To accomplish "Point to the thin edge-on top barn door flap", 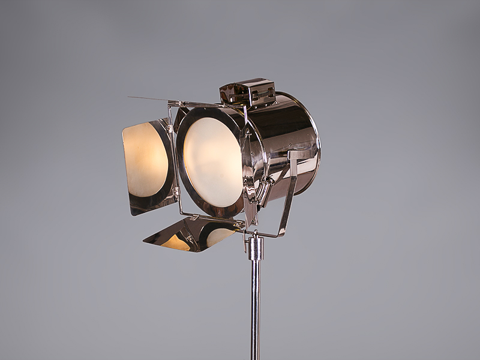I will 150,99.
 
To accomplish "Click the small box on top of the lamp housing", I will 247,91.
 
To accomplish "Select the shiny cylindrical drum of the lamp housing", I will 282,138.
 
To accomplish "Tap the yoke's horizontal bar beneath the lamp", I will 264,233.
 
